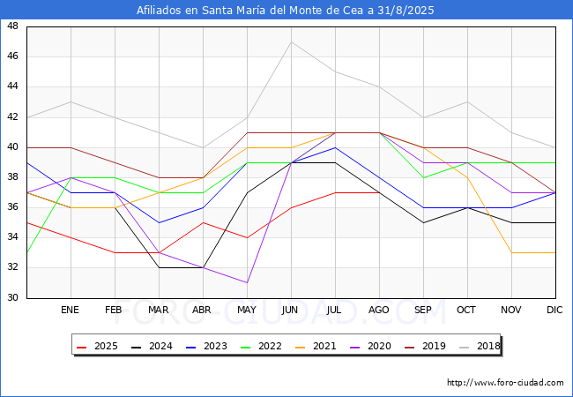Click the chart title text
coord(286,11)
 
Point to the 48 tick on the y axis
coord(13,26)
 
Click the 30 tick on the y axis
coord(13,298)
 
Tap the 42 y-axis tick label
coord(13,117)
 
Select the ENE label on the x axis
coord(71,311)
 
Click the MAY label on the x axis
coord(247,311)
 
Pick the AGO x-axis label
coord(379,311)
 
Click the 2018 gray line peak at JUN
coord(291,41)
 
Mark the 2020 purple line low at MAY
coord(247,283)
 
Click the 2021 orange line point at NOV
coord(511,253)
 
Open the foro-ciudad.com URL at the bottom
coord(505,383)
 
